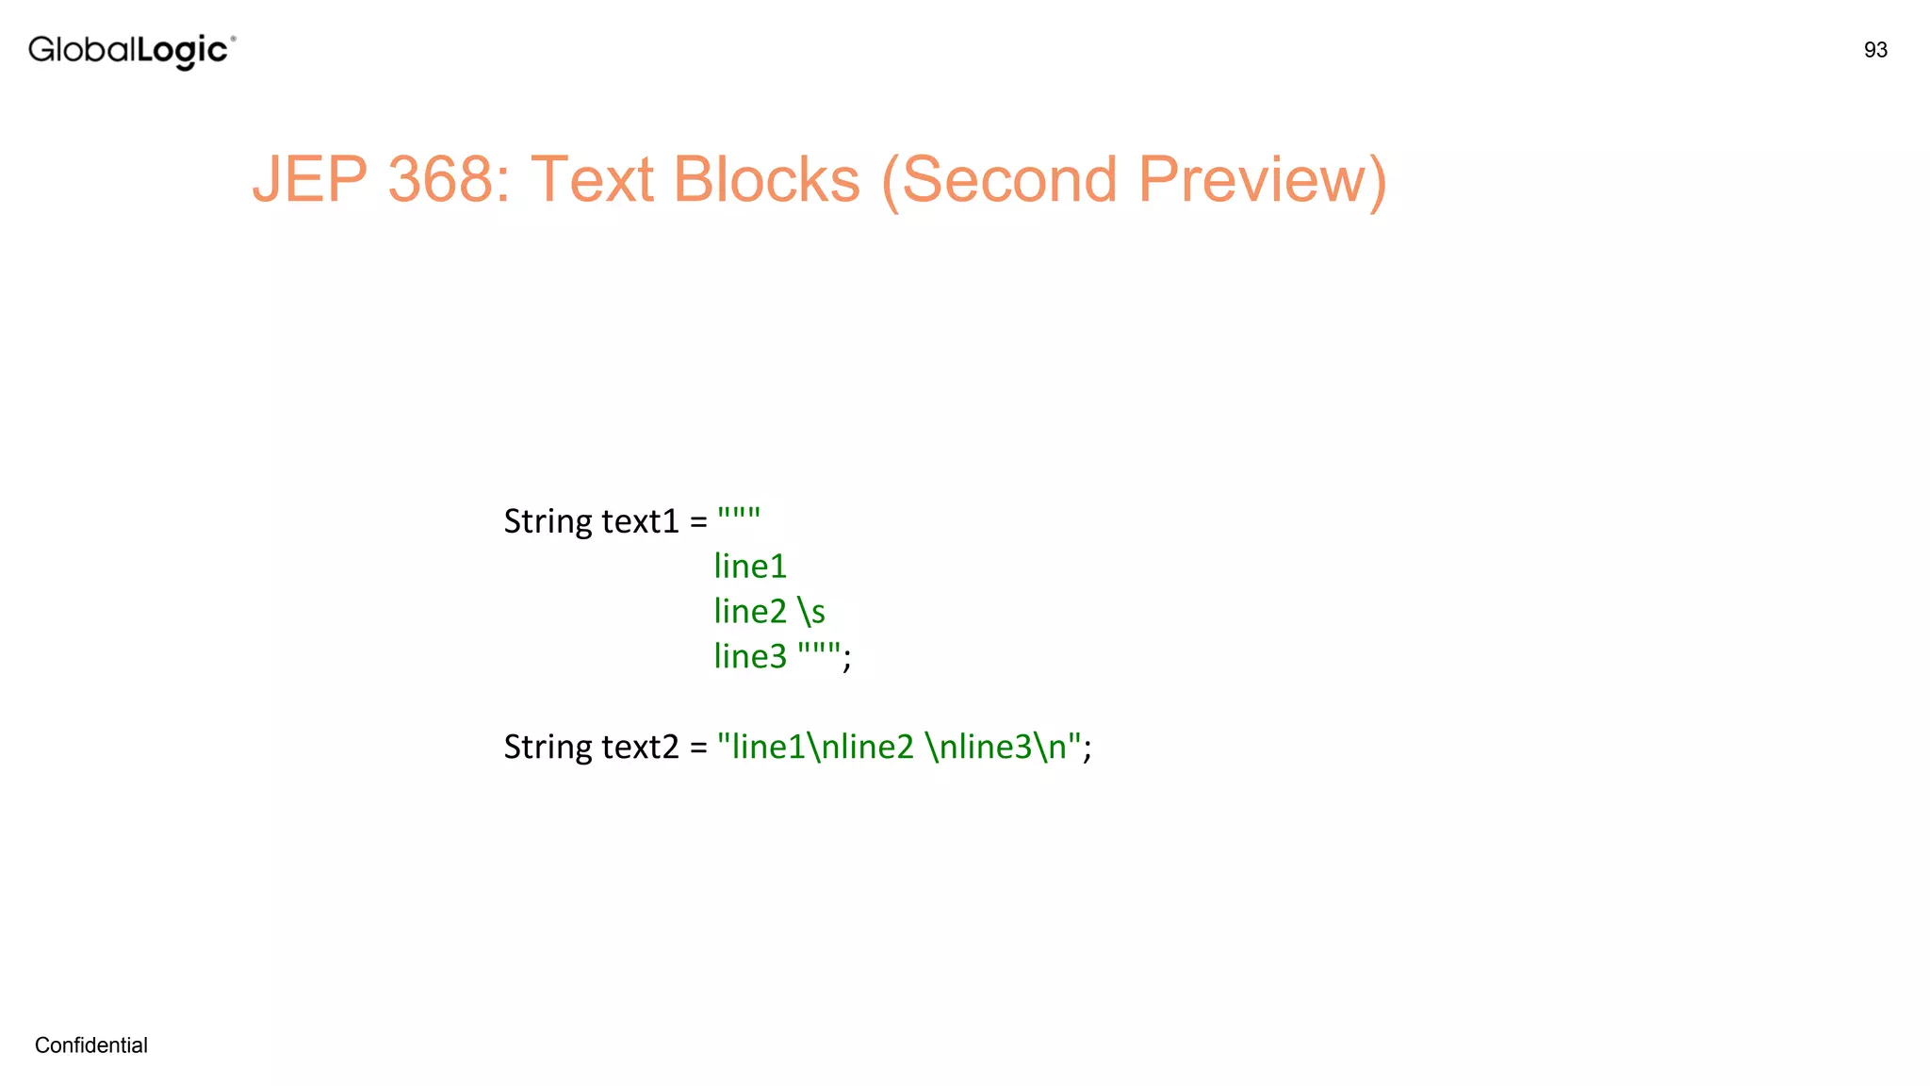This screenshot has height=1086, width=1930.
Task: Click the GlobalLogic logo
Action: [x=131, y=51]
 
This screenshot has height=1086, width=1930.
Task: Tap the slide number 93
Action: [x=1874, y=50]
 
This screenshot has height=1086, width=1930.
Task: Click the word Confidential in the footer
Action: [x=90, y=1045]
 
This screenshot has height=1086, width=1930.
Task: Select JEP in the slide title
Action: [x=309, y=179]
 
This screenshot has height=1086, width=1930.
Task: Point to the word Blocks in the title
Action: [x=766, y=179]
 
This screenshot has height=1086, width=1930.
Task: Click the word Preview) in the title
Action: [x=1262, y=179]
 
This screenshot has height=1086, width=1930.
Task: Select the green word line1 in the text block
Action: [x=750, y=567]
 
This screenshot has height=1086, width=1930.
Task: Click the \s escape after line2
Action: [x=811, y=612]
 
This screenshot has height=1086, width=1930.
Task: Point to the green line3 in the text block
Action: [x=750, y=656]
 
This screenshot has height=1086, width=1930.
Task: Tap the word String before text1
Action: [x=548, y=521]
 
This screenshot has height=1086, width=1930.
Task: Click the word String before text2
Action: [x=548, y=747]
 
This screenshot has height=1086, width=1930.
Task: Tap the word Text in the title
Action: [x=592, y=179]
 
